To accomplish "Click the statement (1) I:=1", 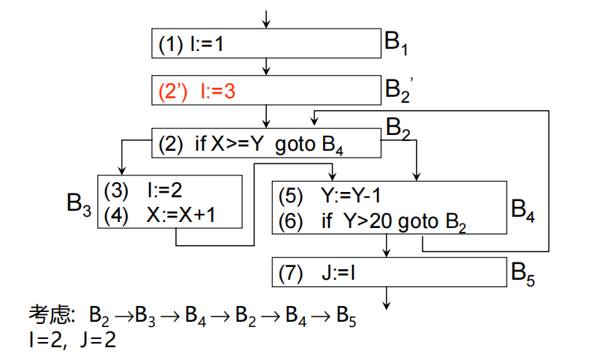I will (x=192, y=44).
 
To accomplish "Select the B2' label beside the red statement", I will (x=399, y=91).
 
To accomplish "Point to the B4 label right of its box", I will (x=523, y=210).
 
